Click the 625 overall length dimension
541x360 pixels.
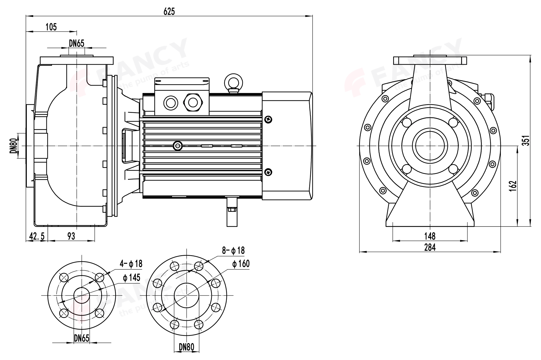pyautogui.click(x=169, y=11)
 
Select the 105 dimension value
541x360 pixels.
pyautogui.click(x=51, y=27)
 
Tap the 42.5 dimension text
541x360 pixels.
pyautogui.click(x=37, y=236)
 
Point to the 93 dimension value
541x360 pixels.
pyautogui.click(x=71, y=236)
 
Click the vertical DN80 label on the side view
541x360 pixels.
pyautogui.click(x=14, y=146)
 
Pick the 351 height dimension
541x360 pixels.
pyautogui.click(x=526, y=140)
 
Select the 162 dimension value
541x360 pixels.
pyautogui.click(x=513, y=186)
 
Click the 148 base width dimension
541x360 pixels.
pyautogui.click(x=430, y=236)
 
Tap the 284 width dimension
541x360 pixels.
pyautogui.click(x=430, y=247)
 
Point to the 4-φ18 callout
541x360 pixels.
pyautogui.click(x=131, y=264)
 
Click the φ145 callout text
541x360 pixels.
pyautogui.click(x=131, y=278)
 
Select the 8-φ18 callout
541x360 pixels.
pyautogui.click(x=233, y=250)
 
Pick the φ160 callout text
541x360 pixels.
pyautogui.click(x=241, y=264)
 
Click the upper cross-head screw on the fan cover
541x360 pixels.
pyautogui.click(x=269, y=119)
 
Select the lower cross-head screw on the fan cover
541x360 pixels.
pyautogui.click(x=269, y=172)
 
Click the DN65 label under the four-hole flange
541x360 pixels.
pyautogui.click(x=82, y=338)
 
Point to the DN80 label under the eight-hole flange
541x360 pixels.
pyautogui.click(x=186, y=347)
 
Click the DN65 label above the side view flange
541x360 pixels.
pyautogui.click(x=77, y=44)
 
